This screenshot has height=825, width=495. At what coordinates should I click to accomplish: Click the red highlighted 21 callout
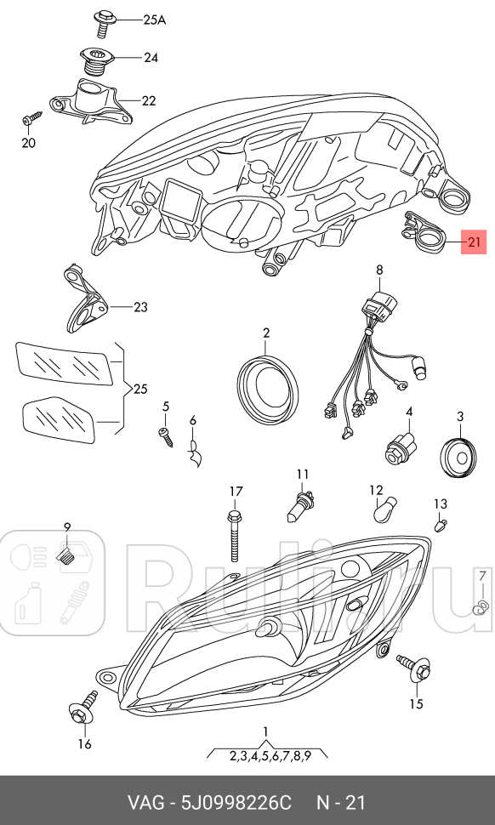[474, 242]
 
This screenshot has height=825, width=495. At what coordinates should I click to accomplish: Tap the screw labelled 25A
[102, 24]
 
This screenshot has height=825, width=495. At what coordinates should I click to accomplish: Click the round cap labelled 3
[457, 457]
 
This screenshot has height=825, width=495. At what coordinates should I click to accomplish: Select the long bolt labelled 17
[235, 536]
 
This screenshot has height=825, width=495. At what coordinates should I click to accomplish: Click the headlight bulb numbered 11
[300, 505]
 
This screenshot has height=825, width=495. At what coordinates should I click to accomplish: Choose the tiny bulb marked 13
[441, 524]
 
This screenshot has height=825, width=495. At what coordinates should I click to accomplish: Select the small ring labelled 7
[479, 609]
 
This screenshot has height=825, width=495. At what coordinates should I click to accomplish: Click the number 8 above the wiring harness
[379, 270]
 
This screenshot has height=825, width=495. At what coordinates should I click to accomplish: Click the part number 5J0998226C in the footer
[236, 803]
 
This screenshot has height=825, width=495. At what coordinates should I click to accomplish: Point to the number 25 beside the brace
[140, 390]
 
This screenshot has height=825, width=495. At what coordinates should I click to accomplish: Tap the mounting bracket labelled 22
[90, 103]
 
